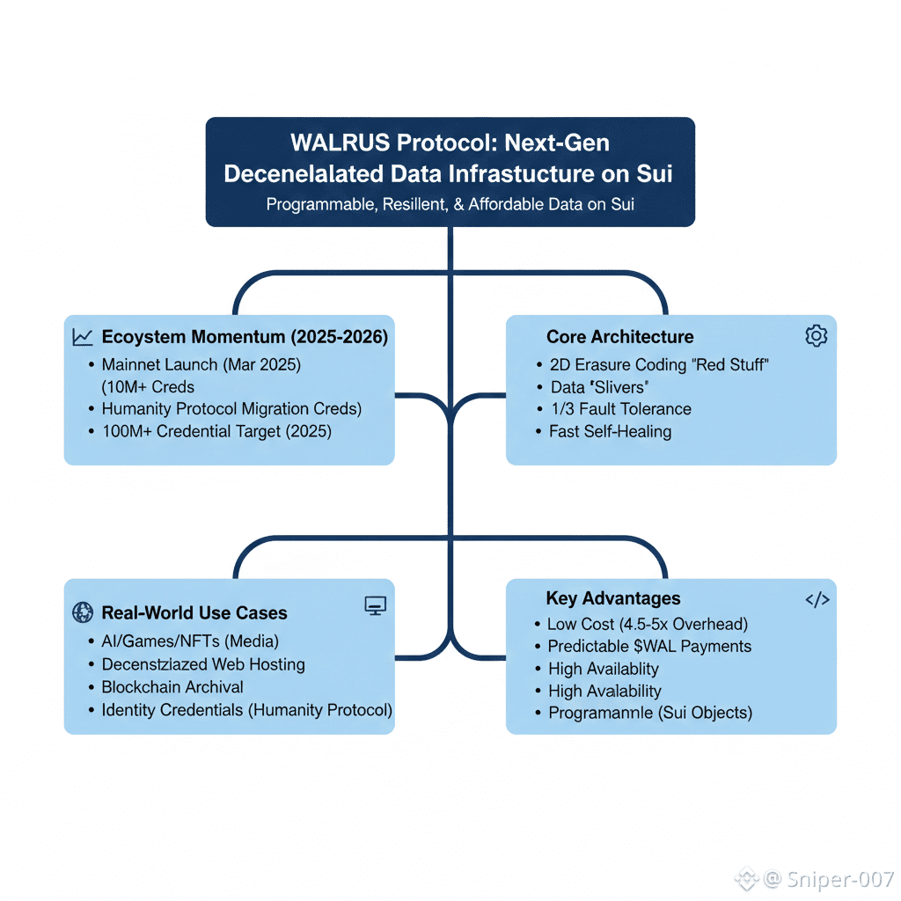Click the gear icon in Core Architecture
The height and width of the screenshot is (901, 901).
(816, 335)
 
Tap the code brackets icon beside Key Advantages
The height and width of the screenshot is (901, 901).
(817, 600)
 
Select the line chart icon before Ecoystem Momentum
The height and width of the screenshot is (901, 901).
(82, 337)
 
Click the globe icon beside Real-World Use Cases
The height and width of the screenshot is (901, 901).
(83, 612)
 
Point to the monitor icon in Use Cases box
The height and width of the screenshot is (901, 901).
(376, 605)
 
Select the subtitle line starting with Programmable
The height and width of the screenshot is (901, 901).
(450, 204)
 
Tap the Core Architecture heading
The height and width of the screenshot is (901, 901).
(620, 337)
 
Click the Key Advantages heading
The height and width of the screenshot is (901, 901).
(613, 598)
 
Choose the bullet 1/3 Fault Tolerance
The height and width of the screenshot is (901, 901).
(621, 408)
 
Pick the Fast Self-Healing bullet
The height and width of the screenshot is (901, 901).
(611, 431)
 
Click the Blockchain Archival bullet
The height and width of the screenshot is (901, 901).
(172, 687)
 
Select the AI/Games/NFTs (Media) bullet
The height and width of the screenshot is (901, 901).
(190, 641)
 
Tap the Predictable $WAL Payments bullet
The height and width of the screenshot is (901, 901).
(649, 647)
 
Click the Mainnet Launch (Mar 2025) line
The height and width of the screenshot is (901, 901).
(201, 365)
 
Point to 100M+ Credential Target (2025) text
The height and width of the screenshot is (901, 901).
(216, 431)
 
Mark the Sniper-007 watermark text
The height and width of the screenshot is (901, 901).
(840, 879)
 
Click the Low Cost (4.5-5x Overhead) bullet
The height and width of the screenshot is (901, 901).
(648, 624)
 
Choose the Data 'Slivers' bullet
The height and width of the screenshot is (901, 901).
(599, 387)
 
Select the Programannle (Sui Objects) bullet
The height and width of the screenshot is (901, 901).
(650, 713)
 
